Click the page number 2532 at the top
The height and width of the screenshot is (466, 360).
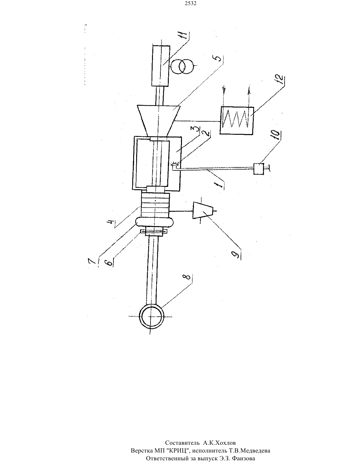[x=190, y=4]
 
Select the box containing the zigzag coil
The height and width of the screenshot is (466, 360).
[x=237, y=121]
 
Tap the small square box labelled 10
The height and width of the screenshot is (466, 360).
[x=259, y=169]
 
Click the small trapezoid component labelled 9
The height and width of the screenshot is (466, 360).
[x=203, y=210]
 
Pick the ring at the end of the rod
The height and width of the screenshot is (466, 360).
[x=151, y=316]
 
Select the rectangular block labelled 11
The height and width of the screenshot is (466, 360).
[x=160, y=66]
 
